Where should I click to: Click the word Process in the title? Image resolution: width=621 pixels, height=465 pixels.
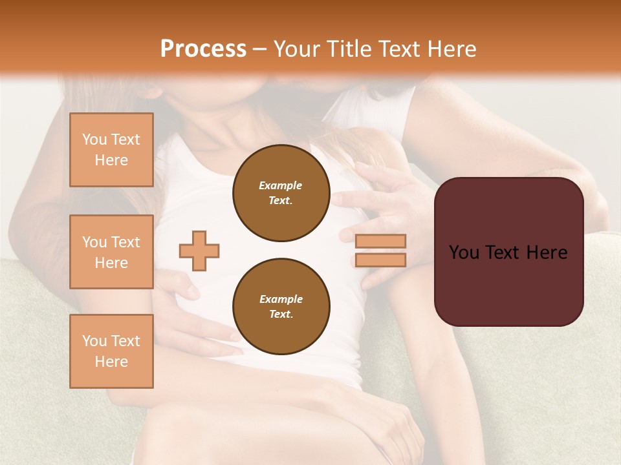click(203, 49)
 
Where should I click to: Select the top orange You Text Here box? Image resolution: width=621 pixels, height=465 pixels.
click(111, 150)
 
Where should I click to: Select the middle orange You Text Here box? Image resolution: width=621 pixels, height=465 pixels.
click(111, 252)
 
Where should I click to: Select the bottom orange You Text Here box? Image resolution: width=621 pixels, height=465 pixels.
click(111, 351)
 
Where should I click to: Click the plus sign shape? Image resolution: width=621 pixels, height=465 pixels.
click(199, 251)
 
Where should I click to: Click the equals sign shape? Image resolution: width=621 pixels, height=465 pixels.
click(381, 251)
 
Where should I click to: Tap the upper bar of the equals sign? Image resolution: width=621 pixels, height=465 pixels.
click(381, 242)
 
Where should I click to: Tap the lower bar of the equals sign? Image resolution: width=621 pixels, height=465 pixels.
click(381, 260)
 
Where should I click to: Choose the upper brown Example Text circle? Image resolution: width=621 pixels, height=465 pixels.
click(281, 193)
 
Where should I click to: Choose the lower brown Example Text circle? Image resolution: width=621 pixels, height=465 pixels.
click(281, 307)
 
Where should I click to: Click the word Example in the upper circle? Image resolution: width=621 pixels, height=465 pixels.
click(281, 185)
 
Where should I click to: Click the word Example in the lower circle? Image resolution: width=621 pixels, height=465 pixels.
click(281, 299)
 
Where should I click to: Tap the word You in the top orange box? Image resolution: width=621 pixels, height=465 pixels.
click(94, 139)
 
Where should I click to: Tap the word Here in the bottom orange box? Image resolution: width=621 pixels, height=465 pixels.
click(111, 362)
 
